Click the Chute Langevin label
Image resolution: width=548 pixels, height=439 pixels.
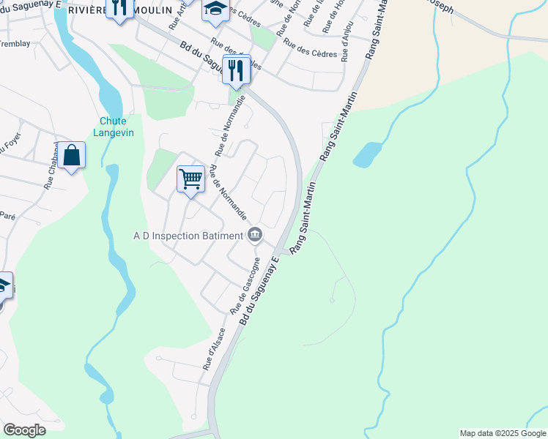(x=110, y=127)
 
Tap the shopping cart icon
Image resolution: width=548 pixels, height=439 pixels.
(x=190, y=178)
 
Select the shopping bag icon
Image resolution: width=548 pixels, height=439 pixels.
(x=72, y=155)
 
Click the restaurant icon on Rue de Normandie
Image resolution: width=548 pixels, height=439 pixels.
(x=236, y=70)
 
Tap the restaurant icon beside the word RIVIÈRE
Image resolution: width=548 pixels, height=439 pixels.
(x=119, y=7)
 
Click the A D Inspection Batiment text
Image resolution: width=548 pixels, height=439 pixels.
(x=188, y=236)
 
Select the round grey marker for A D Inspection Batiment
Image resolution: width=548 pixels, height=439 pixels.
(x=255, y=235)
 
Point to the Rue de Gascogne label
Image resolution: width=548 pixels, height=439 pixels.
(x=246, y=285)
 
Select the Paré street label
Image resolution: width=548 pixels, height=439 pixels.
(x=7, y=216)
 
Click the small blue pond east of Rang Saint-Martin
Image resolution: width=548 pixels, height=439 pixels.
(x=367, y=154)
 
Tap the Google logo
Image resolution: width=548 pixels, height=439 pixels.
(x=24, y=430)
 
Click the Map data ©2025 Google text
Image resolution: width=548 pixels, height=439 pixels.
(x=503, y=433)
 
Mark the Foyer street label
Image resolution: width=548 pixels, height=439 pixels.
(x=10, y=140)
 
